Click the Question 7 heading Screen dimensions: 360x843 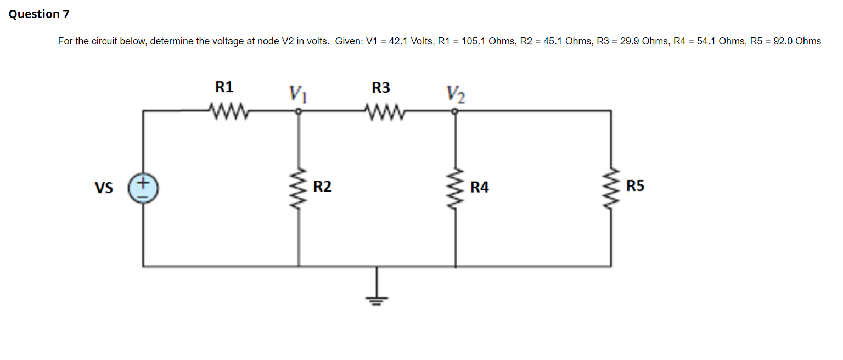39,14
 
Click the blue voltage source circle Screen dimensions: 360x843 143,187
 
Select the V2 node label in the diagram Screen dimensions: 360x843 456,94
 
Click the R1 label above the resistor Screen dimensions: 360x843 224,87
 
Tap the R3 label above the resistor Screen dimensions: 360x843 381,87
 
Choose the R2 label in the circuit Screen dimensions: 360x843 322,187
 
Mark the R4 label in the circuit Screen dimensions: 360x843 479,188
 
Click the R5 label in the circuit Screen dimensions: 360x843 636,186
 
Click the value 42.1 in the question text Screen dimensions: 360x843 398,41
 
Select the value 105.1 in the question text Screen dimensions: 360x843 474,41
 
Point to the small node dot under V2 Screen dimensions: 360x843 455,111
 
